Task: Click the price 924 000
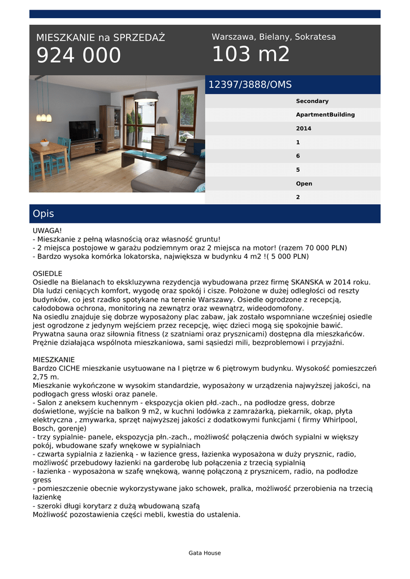coord(79,55)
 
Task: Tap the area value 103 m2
coord(251,54)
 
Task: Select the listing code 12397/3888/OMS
coord(250,85)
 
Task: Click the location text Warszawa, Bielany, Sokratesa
coord(274,37)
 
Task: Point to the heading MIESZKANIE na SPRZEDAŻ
coord(101,38)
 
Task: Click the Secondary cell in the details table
coord(312,101)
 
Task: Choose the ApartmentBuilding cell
coord(325,115)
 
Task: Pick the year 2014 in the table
coord(304,129)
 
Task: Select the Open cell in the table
coord(304,184)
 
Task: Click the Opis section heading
coord(44,214)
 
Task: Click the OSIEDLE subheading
coord(48,273)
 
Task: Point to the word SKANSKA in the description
coord(309,282)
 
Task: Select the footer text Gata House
coord(205,553)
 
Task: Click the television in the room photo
coord(83,131)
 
